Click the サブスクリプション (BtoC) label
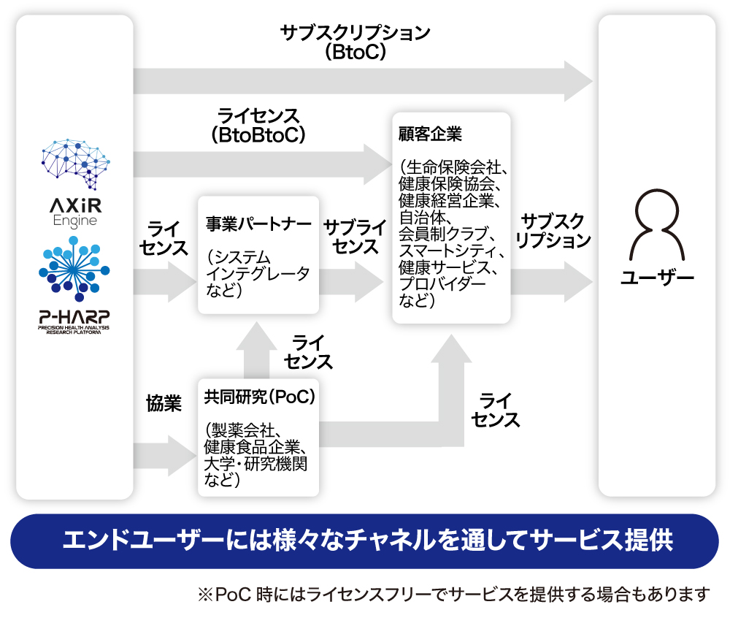[356, 42]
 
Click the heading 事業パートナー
[258, 224]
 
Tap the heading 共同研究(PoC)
[259, 397]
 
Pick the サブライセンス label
[355, 236]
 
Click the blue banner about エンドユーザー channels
[365, 541]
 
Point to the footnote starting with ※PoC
[453, 594]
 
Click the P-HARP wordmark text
[74, 318]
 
